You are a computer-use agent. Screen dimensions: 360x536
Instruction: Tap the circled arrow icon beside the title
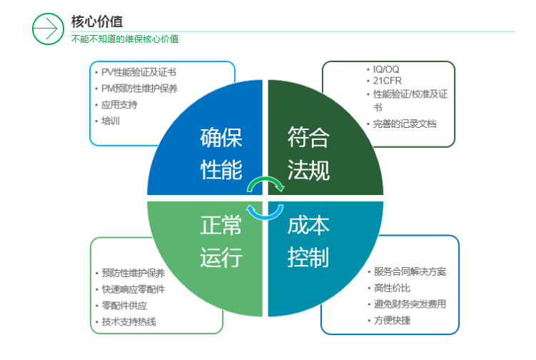pos(48,29)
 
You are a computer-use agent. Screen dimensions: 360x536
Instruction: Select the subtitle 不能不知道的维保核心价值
pos(124,39)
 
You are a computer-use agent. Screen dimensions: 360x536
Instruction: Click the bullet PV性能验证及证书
pos(138,72)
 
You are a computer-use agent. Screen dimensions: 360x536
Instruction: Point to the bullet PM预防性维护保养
pos(139,89)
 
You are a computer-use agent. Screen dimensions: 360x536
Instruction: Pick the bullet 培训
pos(110,121)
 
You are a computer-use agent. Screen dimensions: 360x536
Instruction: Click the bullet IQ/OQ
pos(386,69)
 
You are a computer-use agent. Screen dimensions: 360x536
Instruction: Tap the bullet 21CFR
pos(387,81)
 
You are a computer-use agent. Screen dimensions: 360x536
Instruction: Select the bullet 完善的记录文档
pos(404,124)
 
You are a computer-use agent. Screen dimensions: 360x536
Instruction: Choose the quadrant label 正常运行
pos(221,241)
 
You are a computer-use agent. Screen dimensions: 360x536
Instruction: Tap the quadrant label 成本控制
pos(308,241)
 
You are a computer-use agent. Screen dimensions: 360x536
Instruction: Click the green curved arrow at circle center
pos(266,184)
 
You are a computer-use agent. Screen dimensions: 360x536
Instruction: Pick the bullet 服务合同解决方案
pos(410,272)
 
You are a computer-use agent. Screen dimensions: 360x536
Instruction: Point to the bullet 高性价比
pos(392,288)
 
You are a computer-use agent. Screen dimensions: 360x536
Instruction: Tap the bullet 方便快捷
pos(392,320)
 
